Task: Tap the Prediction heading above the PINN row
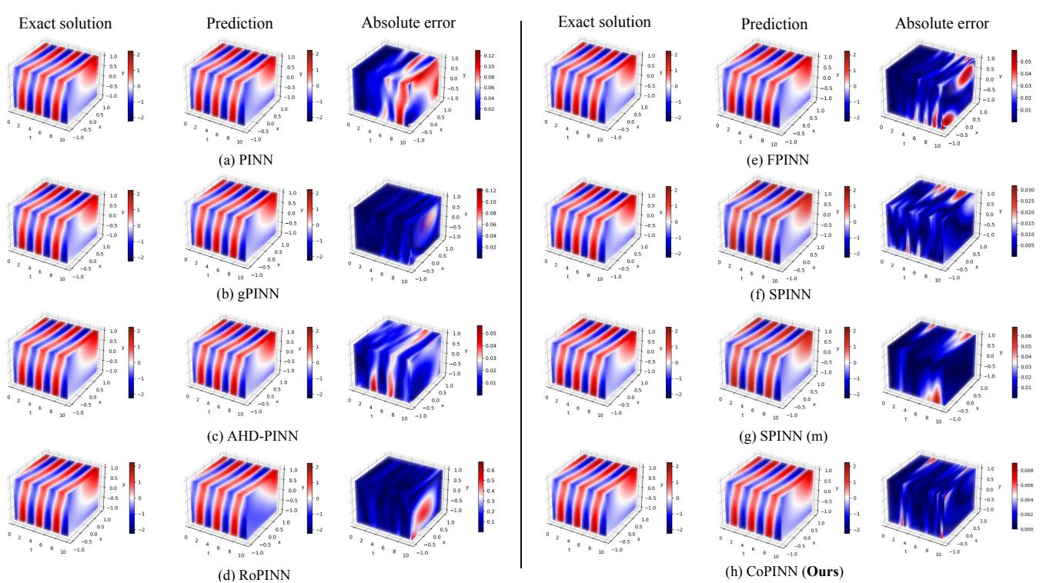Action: [239, 23]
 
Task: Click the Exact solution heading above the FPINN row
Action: [604, 22]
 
